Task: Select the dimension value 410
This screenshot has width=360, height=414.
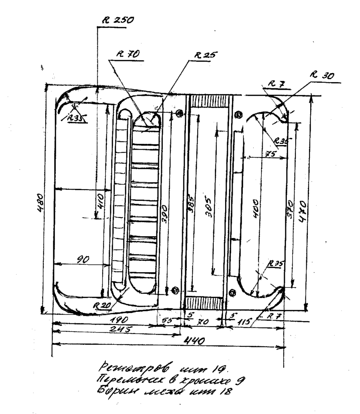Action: pyautogui.click(x=101, y=201)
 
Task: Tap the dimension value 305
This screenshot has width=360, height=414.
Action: pyautogui.click(x=208, y=207)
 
